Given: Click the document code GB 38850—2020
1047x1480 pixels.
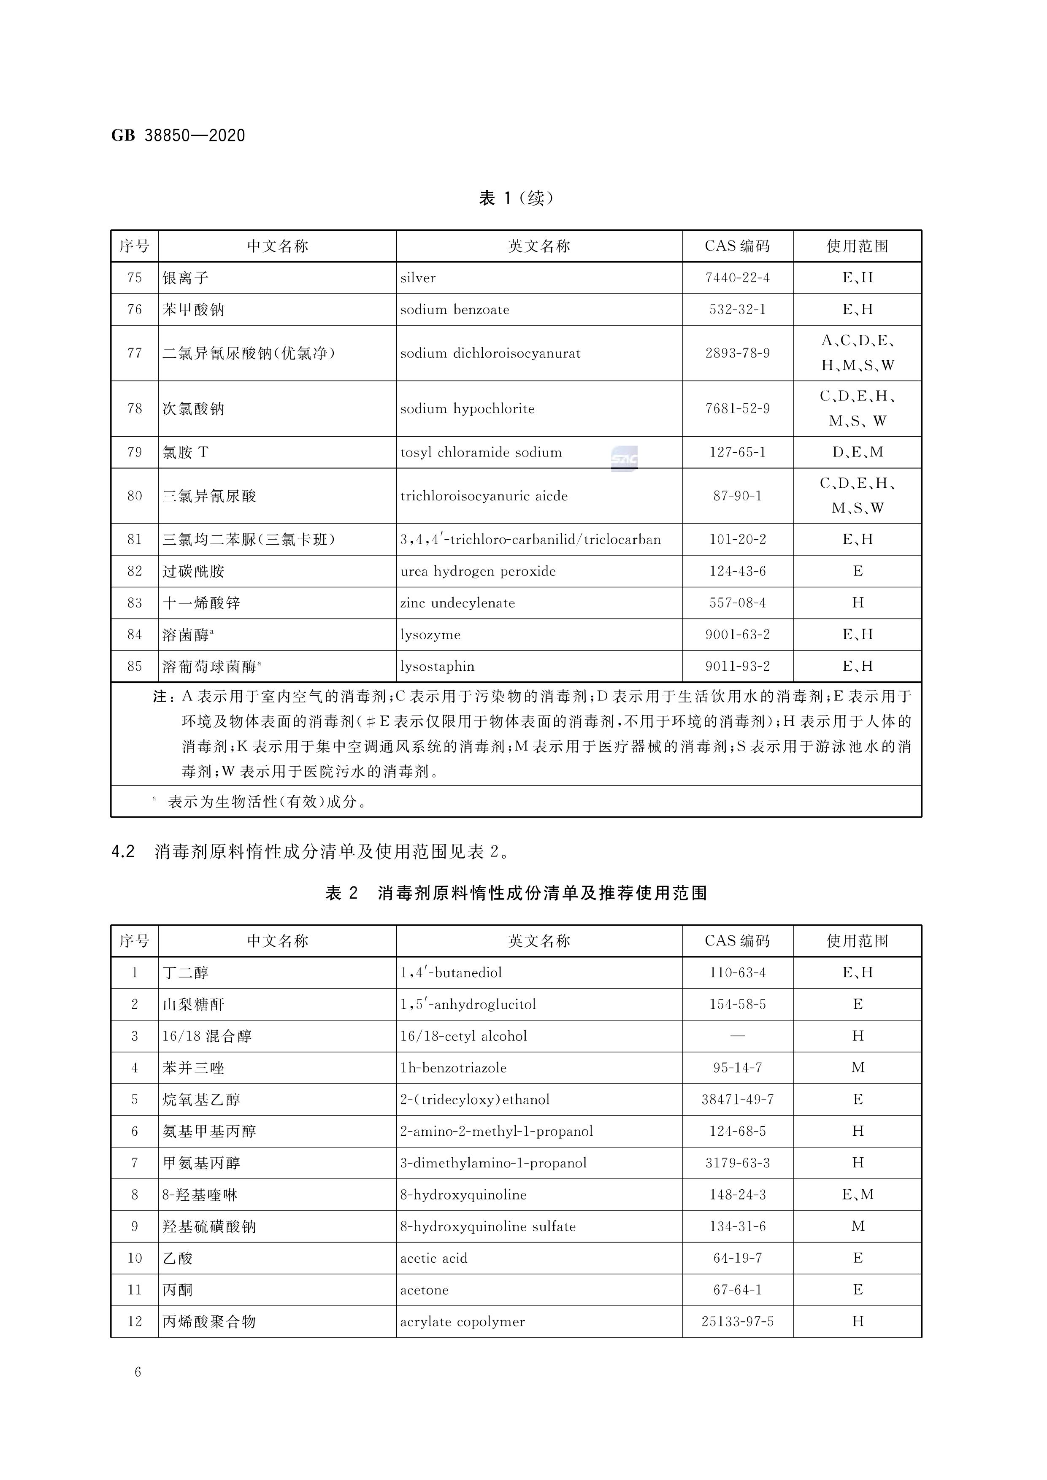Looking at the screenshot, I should [x=178, y=135].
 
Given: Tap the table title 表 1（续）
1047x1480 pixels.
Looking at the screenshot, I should [x=516, y=198].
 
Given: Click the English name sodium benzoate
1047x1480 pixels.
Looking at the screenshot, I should [x=455, y=309].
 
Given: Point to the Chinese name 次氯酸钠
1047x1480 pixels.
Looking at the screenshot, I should [x=193, y=409].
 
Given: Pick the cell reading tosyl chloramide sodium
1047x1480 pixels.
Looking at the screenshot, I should [x=481, y=453].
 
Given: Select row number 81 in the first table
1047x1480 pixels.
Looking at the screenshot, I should [x=134, y=540].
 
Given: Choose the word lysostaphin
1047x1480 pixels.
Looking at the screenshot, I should [x=437, y=667].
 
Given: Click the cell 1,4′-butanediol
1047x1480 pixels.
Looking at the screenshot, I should [x=451, y=973].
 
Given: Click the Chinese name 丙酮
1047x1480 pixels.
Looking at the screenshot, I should [x=177, y=1290].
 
